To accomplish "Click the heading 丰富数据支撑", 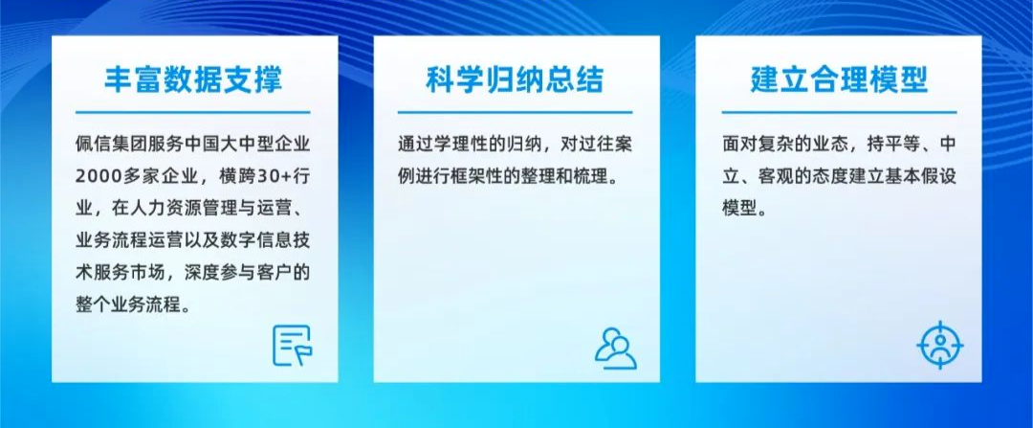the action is click(193, 79).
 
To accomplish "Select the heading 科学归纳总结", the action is click(515, 79).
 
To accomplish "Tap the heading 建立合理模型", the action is click(839, 79).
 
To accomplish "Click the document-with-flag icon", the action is click(293, 346).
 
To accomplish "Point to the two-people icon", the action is click(615, 348).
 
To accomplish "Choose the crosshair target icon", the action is click(939, 345).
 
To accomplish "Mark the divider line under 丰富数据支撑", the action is click(192, 113).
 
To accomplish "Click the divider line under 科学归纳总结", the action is click(515, 113).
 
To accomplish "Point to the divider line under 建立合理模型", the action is click(839, 113).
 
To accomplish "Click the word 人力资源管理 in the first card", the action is click(180, 209).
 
